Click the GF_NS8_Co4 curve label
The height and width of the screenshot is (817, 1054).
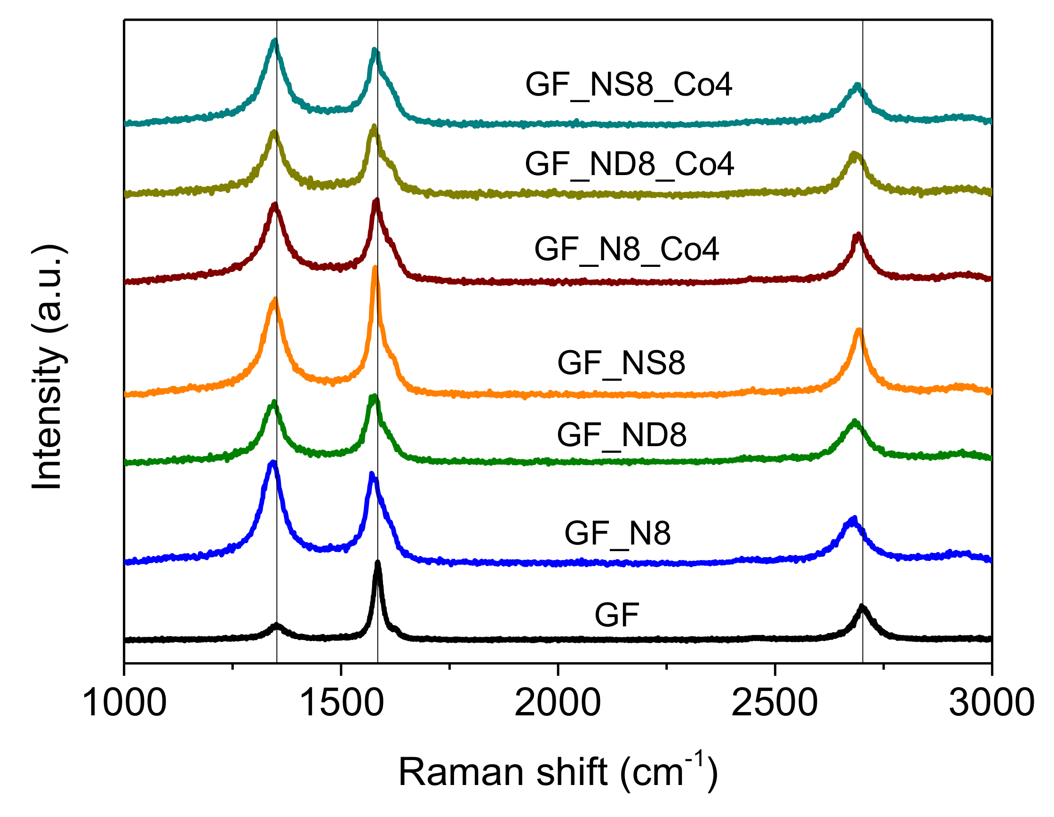click(628, 85)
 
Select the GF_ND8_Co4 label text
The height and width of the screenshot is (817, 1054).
click(629, 164)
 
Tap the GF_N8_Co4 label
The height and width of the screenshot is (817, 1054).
click(626, 249)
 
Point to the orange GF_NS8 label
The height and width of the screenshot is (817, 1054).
click(621, 363)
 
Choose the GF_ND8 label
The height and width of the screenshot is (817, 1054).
click(622, 435)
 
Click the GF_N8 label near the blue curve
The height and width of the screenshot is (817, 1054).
click(617, 533)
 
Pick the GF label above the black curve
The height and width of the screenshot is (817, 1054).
click(617, 615)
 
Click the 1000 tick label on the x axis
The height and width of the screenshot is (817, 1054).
click(125, 703)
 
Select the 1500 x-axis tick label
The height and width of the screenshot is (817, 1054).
click(341, 703)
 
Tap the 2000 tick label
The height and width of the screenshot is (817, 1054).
click(558, 703)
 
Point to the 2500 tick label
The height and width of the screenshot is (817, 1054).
click(775, 703)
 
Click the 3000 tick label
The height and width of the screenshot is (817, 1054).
click(991, 703)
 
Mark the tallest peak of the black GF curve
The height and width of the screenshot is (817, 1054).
click(378, 563)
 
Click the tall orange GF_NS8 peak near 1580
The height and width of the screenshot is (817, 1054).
click(375, 268)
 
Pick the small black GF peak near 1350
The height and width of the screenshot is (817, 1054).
click(276, 625)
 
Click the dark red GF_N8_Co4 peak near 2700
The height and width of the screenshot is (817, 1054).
click(858, 235)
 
